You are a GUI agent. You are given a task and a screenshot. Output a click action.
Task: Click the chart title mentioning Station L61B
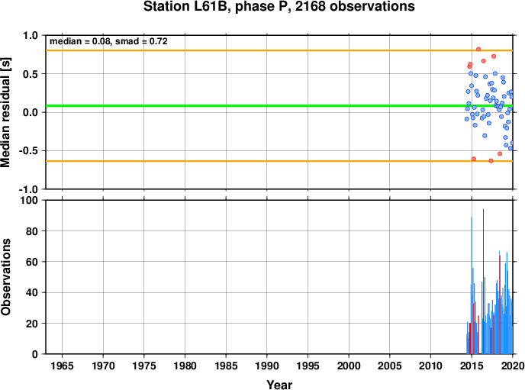pyautogui.click(x=279, y=6)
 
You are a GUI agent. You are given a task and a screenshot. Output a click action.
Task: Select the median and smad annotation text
pyautogui.click(x=108, y=41)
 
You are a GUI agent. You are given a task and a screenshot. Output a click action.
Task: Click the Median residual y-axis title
pyautogui.click(x=5, y=112)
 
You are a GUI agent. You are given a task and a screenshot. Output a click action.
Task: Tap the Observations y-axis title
pyautogui.click(x=5, y=277)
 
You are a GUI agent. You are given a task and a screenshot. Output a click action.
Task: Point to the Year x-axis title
pyautogui.click(x=279, y=385)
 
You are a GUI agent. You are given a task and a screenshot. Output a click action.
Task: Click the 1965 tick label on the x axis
pyautogui.click(x=62, y=366)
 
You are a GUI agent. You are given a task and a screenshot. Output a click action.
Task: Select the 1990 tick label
pyautogui.click(x=267, y=366)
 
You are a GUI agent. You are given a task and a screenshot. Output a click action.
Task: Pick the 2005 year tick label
pyautogui.click(x=390, y=366)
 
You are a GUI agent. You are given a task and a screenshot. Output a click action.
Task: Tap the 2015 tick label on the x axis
pyautogui.click(x=472, y=366)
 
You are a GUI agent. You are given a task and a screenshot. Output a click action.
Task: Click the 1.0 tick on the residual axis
pyautogui.click(x=31, y=35)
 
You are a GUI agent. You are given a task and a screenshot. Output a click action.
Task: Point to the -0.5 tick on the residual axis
pyautogui.click(x=28, y=150)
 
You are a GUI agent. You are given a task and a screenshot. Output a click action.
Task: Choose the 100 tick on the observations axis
pyautogui.click(x=29, y=200)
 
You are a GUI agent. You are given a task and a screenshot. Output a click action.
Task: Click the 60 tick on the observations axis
pyautogui.click(x=32, y=262)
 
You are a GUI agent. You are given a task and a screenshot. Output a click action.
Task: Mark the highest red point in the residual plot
pyautogui.click(x=478, y=49)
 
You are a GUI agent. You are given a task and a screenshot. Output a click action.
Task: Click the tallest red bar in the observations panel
pyautogui.click(x=483, y=282)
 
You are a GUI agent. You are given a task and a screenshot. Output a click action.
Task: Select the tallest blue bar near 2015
pyautogui.click(x=472, y=285)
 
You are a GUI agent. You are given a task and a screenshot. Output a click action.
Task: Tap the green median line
pyautogui.click(x=279, y=106)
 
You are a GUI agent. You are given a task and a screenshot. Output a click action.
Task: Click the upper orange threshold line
pyautogui.click(x=279, y=50)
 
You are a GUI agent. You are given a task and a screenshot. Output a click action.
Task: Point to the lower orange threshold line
pyautogui.click(x=279, y=161)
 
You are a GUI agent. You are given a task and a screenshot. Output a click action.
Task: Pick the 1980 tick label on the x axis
pyautogui.click(x=185, y=366)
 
